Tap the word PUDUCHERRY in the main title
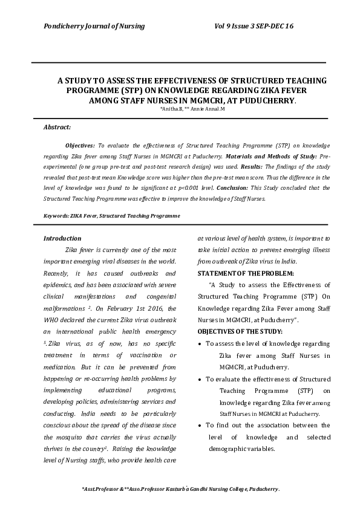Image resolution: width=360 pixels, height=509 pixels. pos(264,100)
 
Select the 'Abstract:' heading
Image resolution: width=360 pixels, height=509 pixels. pos(57,128)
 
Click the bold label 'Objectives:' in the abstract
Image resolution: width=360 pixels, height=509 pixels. pos(80,146)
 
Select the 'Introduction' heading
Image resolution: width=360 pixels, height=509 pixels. pos(62,238)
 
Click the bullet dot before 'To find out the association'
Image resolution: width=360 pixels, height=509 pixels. pos(200,426)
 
